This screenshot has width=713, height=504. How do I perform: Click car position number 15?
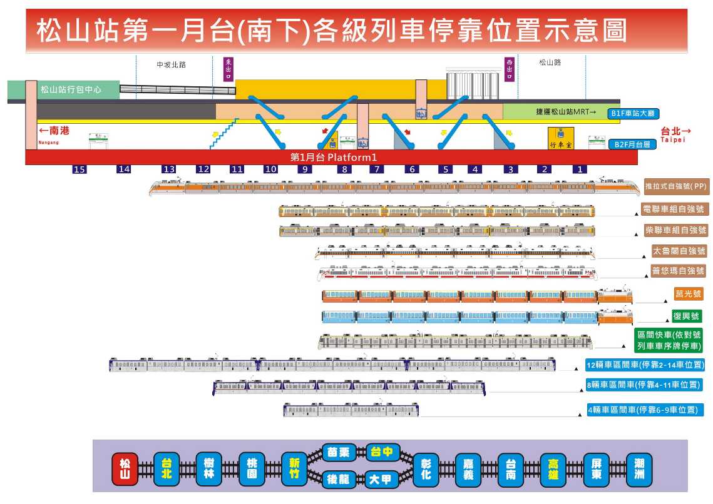[x=79, y=169]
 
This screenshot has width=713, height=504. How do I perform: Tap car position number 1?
[x=580, y=169]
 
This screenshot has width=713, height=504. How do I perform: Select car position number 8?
[x=344, y=169]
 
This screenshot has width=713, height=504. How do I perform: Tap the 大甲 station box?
[x=381, y=480]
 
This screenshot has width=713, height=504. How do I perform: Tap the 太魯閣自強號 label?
[x=679, y=251]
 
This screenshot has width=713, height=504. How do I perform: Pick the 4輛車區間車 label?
[x=644, y=411]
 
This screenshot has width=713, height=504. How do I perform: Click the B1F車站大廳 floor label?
[x=632, y=114]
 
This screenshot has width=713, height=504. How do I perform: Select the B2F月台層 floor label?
[x=632, y=144]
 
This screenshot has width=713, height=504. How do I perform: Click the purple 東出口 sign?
[x=228, y=69]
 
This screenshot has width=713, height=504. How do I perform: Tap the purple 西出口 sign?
[x=510, y=69]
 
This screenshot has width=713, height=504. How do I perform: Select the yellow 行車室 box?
[x=561, y=138]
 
